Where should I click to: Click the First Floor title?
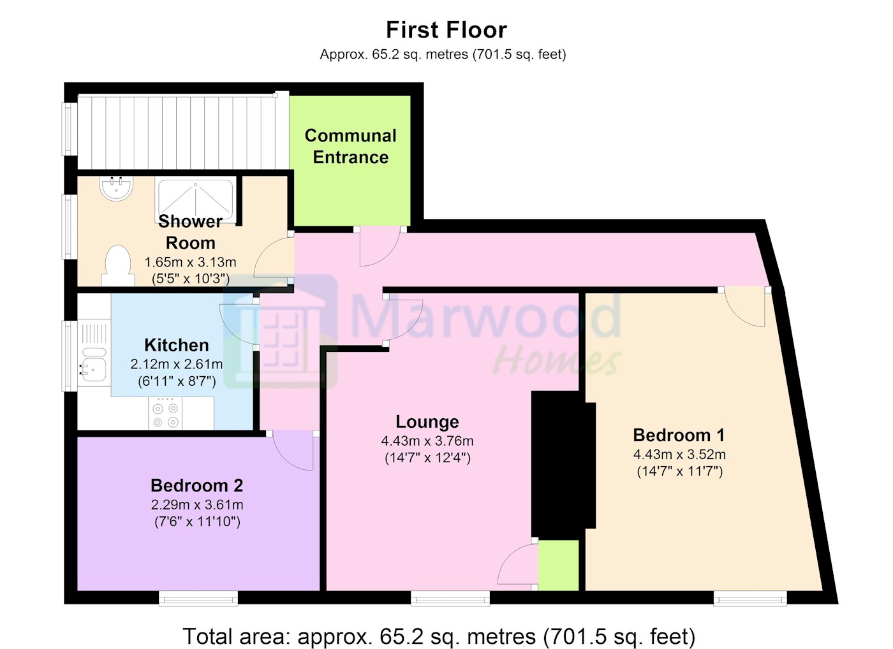446,30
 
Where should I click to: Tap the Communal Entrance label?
350,146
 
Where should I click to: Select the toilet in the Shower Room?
117,265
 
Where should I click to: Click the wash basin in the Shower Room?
116,188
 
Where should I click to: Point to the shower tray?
195,202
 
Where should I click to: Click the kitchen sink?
93,364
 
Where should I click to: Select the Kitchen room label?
177,345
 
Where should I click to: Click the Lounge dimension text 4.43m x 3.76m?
427,441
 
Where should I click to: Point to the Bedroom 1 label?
679,435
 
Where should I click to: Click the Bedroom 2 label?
197,485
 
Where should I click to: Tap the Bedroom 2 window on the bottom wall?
198,598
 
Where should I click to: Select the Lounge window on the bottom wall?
450,598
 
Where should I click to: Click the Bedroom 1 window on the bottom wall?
750,598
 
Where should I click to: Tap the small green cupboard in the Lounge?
558,565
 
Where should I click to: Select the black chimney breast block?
563,465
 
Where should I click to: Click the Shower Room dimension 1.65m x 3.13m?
190,262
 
